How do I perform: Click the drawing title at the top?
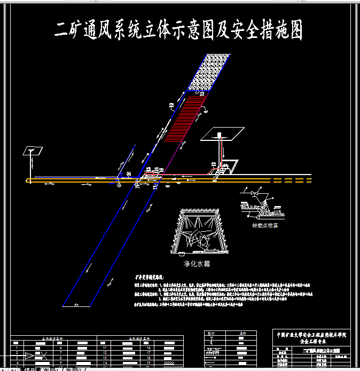click(179, 31)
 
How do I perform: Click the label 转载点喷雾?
click(265, 226)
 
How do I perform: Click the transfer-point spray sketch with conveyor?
click(263, 205)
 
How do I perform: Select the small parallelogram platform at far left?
click(33, 151)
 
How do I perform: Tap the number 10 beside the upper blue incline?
click(171, 105)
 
